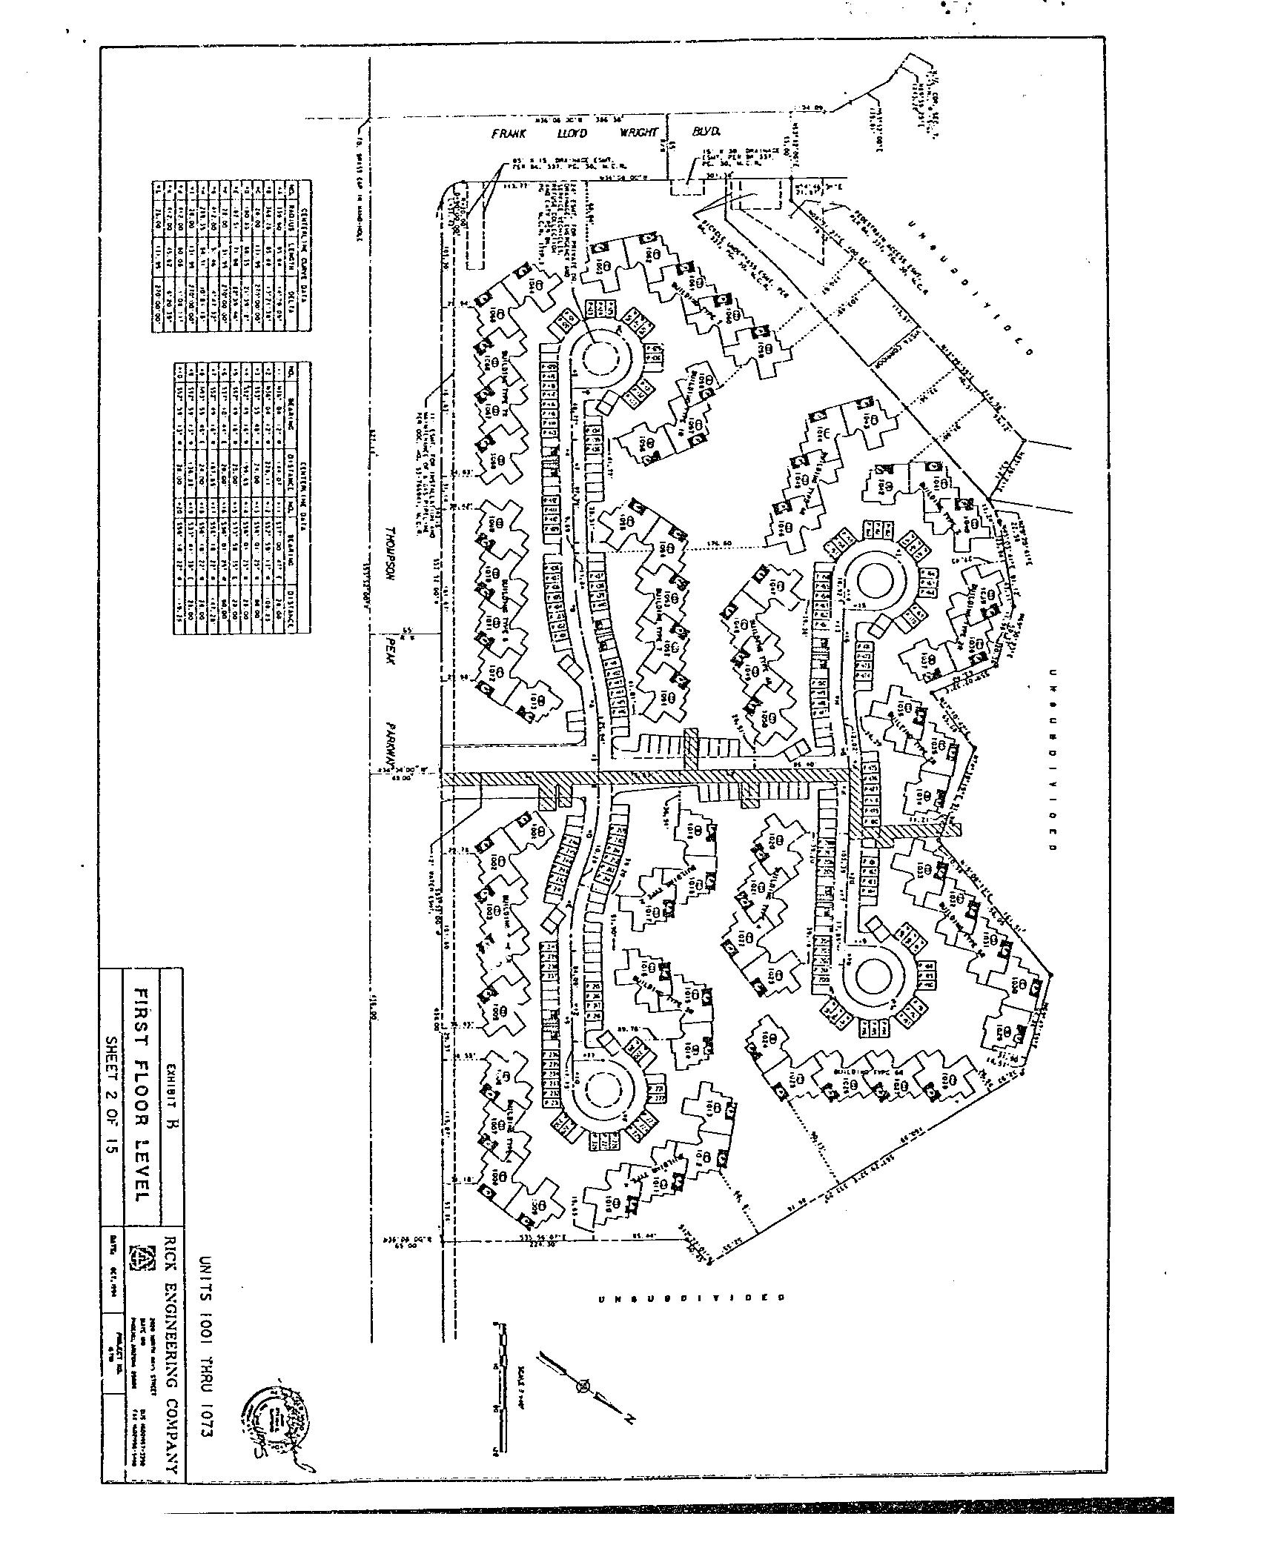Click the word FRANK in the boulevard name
509,134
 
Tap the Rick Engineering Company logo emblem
139,1257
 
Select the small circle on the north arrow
586,1384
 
